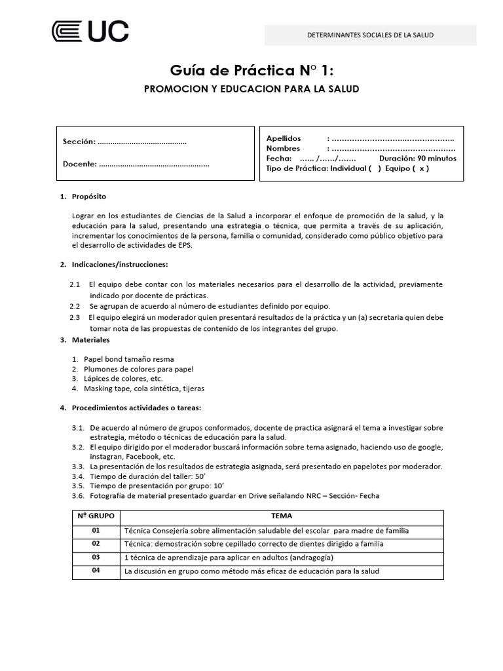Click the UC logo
tap(90, 31)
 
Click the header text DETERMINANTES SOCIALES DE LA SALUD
tap(371, 35)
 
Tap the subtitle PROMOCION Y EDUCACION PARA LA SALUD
tap(251, 88)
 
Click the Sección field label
tap(79, 142)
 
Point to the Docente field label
tap(80, 164)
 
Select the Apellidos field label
tap(284, 138)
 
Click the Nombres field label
tap(283, 148)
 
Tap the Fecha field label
tap(278, 159)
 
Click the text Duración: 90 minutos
tap(418, 159)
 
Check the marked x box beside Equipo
tap(424, 168)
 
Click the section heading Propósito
tap(89, 197)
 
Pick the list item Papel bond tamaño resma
tap(128, 359)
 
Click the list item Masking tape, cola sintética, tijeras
tap(144, 388)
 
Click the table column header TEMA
tap(282, 516)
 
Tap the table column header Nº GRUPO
tap(96, 516)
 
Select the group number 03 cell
tap(96, 557)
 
